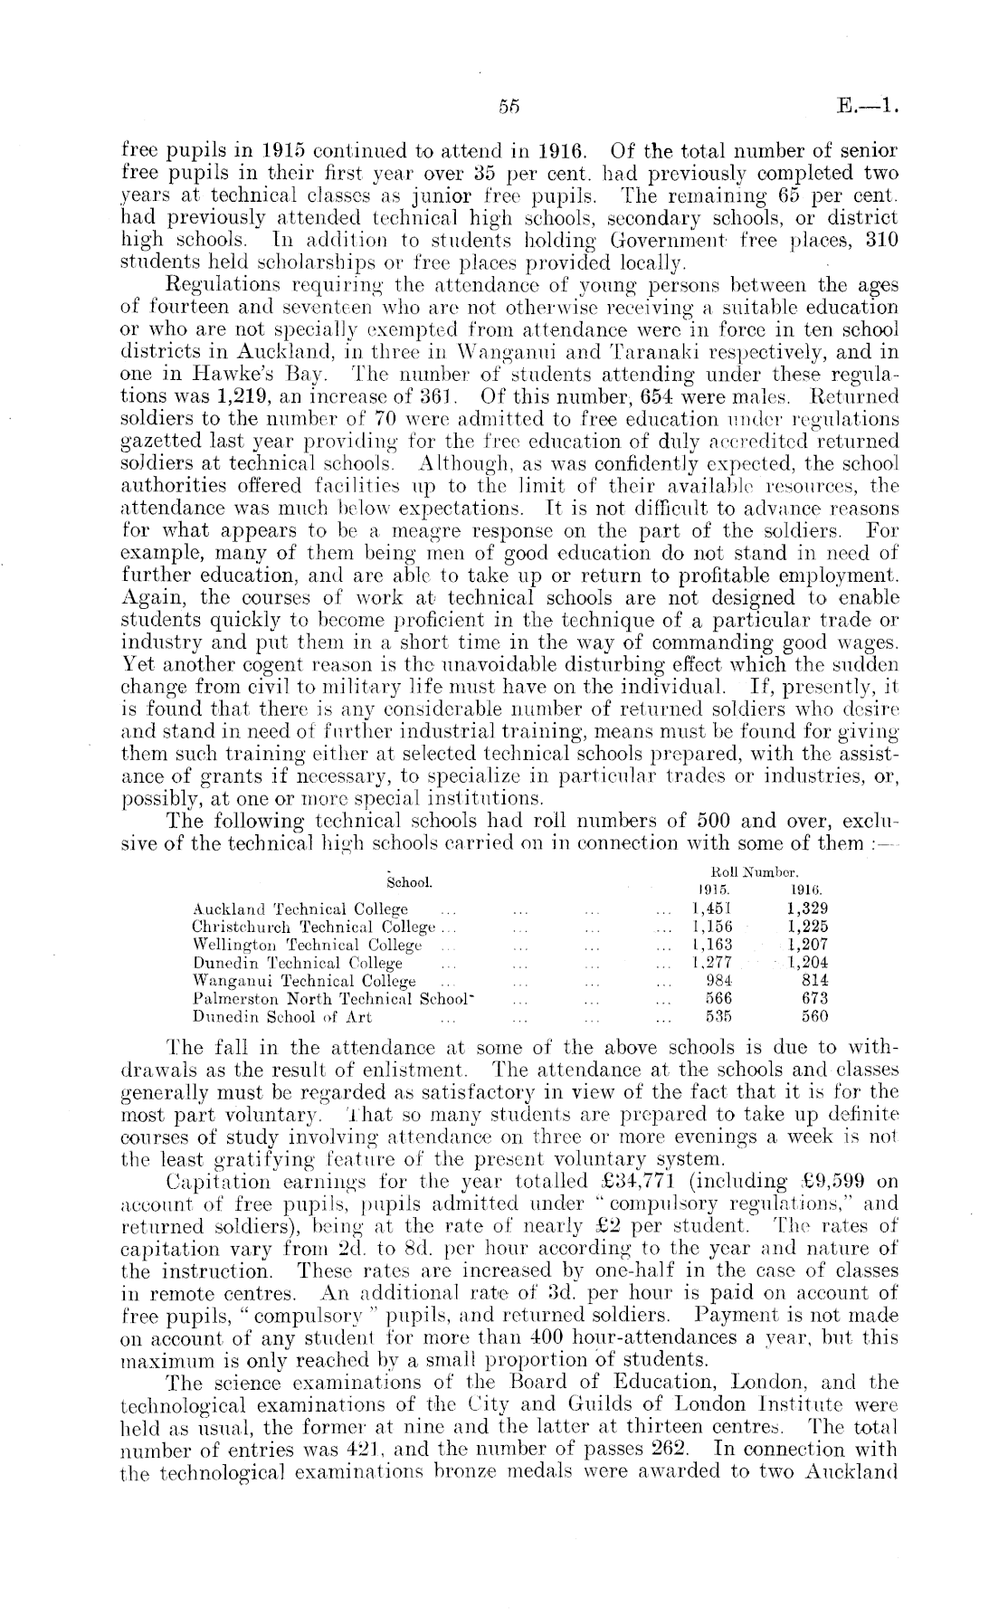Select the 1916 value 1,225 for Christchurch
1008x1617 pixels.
click(x=807, y=926)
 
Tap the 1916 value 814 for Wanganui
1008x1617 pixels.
click(x=813, y=979)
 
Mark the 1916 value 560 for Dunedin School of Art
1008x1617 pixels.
click(x=813, y=1015)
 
